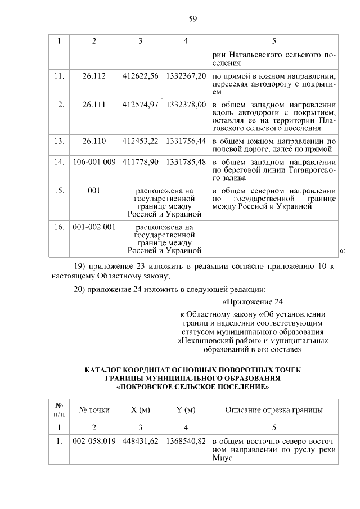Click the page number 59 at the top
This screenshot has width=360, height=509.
[x=192, y=20]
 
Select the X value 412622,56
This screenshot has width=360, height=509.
[x=141, y=75]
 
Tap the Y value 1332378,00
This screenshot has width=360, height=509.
[x=186, y=105]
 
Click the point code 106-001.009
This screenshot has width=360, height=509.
[x=94, y=162]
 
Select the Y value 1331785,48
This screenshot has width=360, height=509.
[x=186, y=162]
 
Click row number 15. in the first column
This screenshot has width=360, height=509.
[x=58, y=191]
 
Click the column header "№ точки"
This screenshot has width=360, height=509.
[x=94, y=409]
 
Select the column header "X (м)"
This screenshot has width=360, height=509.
[x=141, y=409]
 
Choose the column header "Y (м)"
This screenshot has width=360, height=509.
[x=186, y=409]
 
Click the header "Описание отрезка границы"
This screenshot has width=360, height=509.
[x=274, y=409]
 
